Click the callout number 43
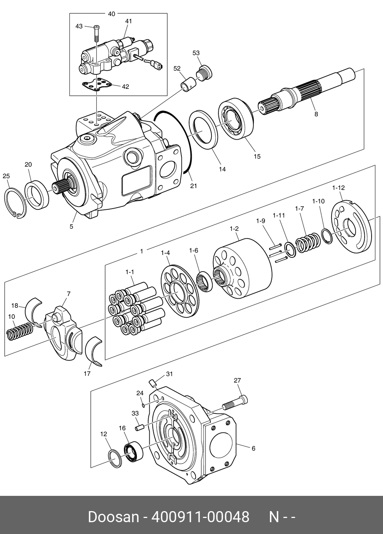click(79, 26)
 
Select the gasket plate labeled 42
click(97, 85)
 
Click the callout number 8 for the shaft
click(316, 114)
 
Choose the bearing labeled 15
click(236, 119)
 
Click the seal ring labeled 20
click(37, 195)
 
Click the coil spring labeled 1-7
click(308, 243)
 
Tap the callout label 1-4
click(165, 253)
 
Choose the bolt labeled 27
click(235, 402)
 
